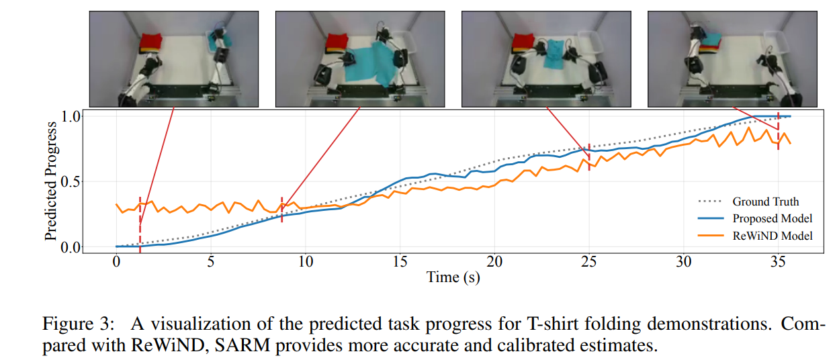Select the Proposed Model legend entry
click(x=755, y=218)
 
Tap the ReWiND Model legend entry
click(x=755, y=236)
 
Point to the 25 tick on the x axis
click(x=589, y=262)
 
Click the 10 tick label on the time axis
click(x=305, y=262)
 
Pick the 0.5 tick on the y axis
click(x=71, y=182)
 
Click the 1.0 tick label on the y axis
click(x=71, y=116)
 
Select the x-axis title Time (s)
click(x=453, y=278)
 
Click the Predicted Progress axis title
click(x=51, y=181)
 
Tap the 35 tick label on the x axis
click(x=778, y=262)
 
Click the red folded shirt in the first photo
click(x=151, y=42)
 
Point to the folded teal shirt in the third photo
click(x=554, y=54)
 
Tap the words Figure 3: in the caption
click(x=78, y=324)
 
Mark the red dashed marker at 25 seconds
click(x=589, y=157)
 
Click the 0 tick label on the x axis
click(x=116, y=262)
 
